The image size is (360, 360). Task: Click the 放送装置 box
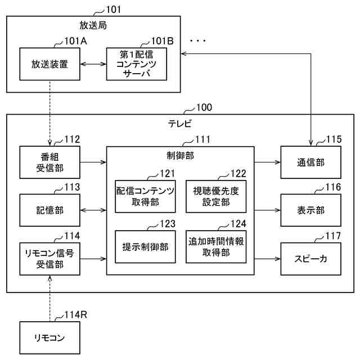[49, 64]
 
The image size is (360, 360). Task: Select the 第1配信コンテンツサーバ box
[137, 64]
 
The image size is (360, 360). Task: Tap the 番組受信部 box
[49, 163]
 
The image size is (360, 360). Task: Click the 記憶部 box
[49, 211]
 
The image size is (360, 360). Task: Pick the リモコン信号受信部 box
[49, 259]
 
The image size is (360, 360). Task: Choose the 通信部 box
[310, 163]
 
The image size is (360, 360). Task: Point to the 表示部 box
[310, 211]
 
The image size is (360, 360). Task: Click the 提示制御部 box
[146, 246]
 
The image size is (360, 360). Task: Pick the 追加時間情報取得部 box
[216, 246]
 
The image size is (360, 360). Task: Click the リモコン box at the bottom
[49, 337]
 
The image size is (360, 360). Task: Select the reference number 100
[203, 107]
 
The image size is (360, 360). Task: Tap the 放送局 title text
[93, 25]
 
